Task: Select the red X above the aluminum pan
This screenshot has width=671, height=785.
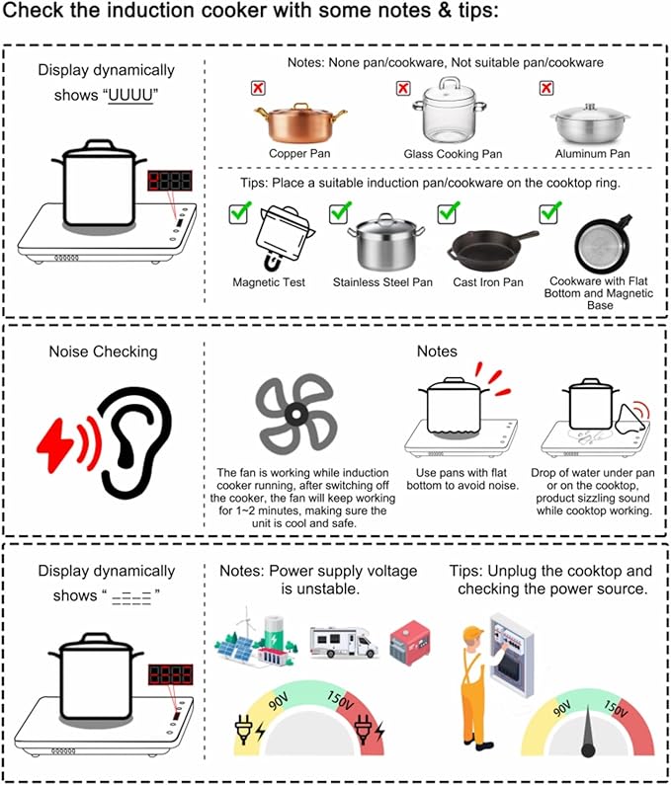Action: (546, 89)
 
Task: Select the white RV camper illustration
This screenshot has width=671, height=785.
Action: (342, 640)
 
